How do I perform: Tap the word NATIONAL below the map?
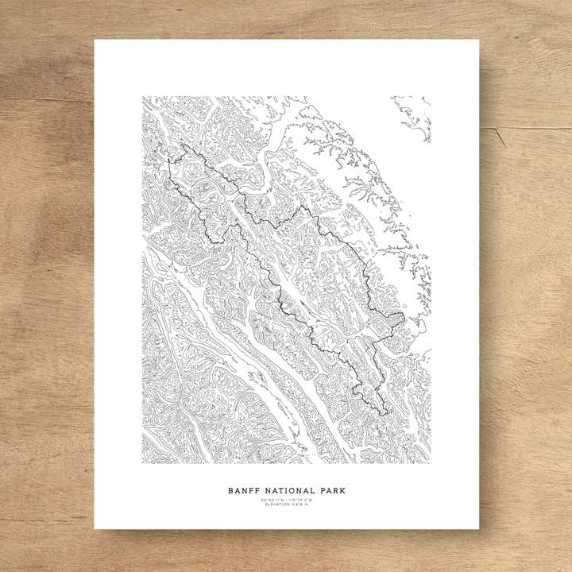click(x=287, y=491)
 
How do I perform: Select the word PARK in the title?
click(x=332, y=491)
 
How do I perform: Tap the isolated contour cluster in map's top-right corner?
click(x=414, y=115)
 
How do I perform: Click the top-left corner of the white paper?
click(x=95, y=40)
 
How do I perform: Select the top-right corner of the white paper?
click(x=479, y=40)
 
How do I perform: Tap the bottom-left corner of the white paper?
click(x=95, y=529)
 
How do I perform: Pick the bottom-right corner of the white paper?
click(x=479, y=529)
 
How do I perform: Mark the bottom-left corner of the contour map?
click(x=143, y=463)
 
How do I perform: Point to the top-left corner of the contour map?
click(x=143, y=97)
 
